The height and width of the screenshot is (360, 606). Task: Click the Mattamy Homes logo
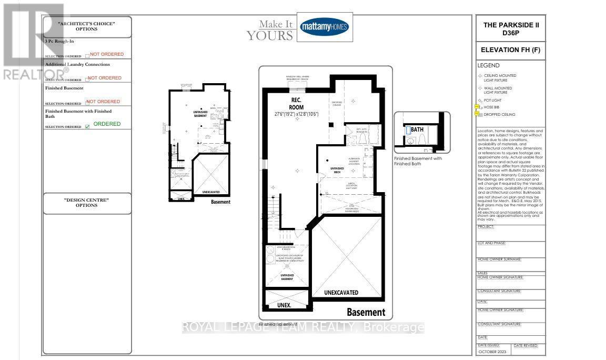[x=324, y=27]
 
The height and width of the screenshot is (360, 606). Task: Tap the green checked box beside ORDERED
[x=87, y=126]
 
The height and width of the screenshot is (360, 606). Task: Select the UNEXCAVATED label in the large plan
[x=341, y=292]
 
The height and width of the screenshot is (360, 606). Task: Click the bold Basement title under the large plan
[x=366, y=312]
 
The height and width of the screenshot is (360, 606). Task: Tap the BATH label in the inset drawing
[x=417, y=129]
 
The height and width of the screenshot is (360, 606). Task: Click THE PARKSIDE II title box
[x=510, y=29]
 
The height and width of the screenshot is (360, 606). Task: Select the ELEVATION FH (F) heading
[x=510, y=51]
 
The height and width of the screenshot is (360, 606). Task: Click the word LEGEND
[x=488, y=66]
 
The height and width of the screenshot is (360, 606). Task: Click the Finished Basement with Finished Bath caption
[x=418, y=161]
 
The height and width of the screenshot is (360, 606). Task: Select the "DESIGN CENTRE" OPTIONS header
[x=87, y=203]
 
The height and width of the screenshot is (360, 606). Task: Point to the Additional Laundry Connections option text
[x=77, y=64]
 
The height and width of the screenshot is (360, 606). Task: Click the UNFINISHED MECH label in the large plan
[x=337, y=169]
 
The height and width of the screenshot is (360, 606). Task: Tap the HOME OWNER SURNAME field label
[x=499, y=259]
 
